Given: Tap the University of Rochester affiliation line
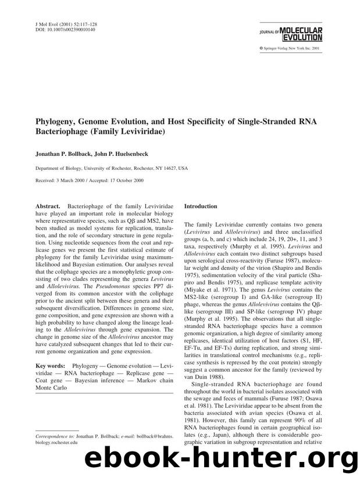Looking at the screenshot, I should pos(112,168).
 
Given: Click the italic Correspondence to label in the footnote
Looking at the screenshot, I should pos(58,435).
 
